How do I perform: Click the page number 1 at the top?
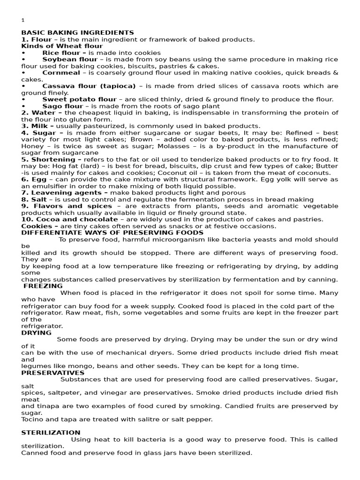(x=22, y=20)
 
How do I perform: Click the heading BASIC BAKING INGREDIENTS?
(x=77, y=33)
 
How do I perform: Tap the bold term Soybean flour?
(x=70, y=60)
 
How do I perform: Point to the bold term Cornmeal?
(x=61, y=73)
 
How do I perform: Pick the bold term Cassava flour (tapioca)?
(x=89, y=86)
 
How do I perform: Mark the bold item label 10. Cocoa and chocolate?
(x=69, y=219)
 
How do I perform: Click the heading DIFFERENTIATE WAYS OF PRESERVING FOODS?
(x=112, y=232)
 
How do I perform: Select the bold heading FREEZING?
(x=43, y=286)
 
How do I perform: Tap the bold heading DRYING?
(x=37, y=332)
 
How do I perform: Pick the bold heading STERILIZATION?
(x=51, y=432)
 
